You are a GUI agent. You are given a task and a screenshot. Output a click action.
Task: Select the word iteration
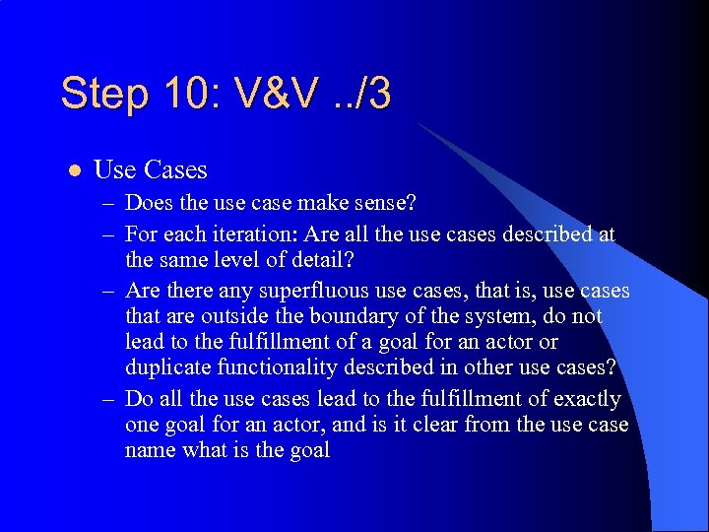pyautogui.click(x=260, y=234)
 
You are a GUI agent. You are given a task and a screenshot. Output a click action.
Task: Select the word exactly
pyautogui.click(x=587, y=398)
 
